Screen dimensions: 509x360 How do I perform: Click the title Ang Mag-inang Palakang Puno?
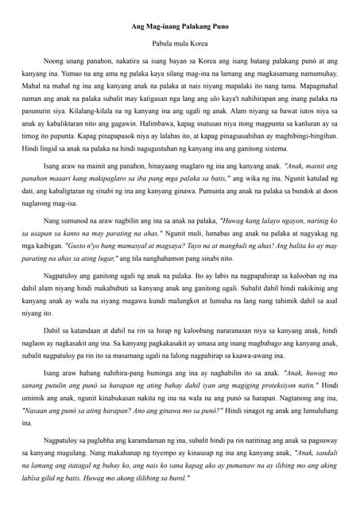180,28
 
